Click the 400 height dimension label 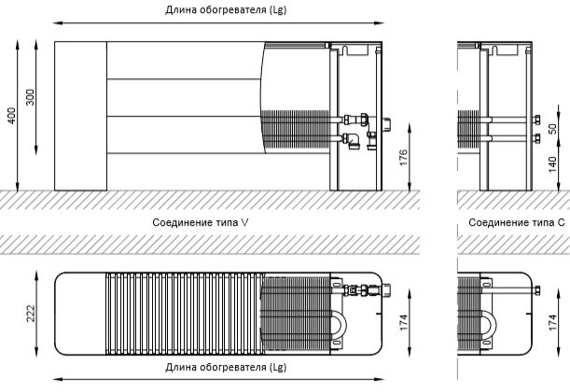click(x=11, y=116)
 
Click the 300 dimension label click(x=30, y=97)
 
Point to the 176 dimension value click(x=404, y=158)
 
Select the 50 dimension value click(x=552, y=129)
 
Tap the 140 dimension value click(x=552, y=164)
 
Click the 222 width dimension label click(x=31, y=314)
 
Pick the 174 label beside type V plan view click(x=404, y=322)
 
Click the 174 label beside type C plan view click(x=552, y=322)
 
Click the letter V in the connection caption click(x=245, y=222)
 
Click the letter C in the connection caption click(x=561, y=222)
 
